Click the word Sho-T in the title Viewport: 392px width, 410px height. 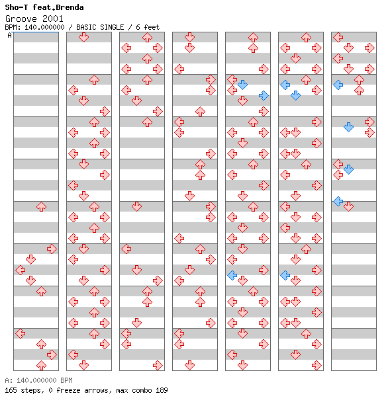tap(17, 7)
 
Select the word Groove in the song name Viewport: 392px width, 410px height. tap(21, 19)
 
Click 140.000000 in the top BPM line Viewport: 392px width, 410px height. tap(44, 27)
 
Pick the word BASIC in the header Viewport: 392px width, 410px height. tap(87, 27)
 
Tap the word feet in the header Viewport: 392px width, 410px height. tap(152, 27)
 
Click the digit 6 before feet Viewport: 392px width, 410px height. tap(138, 27)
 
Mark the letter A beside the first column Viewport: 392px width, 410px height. tap(10, 35)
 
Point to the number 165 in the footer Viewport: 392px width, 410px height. tap(11, 390)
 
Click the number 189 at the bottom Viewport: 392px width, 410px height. tap(162, 390)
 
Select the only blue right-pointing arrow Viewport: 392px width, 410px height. tap(264, 96)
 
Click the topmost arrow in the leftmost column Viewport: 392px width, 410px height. tap(41, 206)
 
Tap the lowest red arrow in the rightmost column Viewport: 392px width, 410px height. tap(348, 206)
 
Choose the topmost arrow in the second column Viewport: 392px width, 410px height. tap(84, 38)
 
